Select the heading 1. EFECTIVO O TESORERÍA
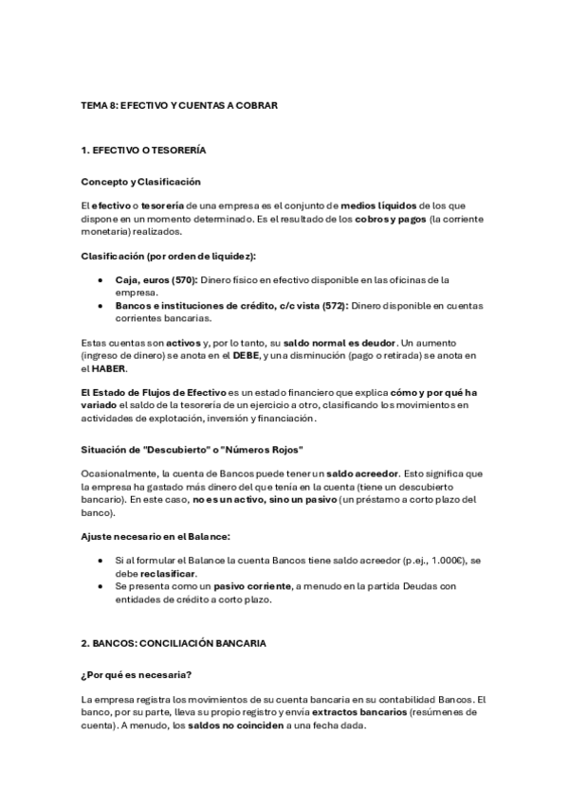click(143, 151)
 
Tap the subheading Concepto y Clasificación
click(140, 181)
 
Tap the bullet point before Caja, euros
click(101, 279)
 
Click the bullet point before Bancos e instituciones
click(101, 305)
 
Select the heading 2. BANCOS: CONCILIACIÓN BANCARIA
click(179, 643)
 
